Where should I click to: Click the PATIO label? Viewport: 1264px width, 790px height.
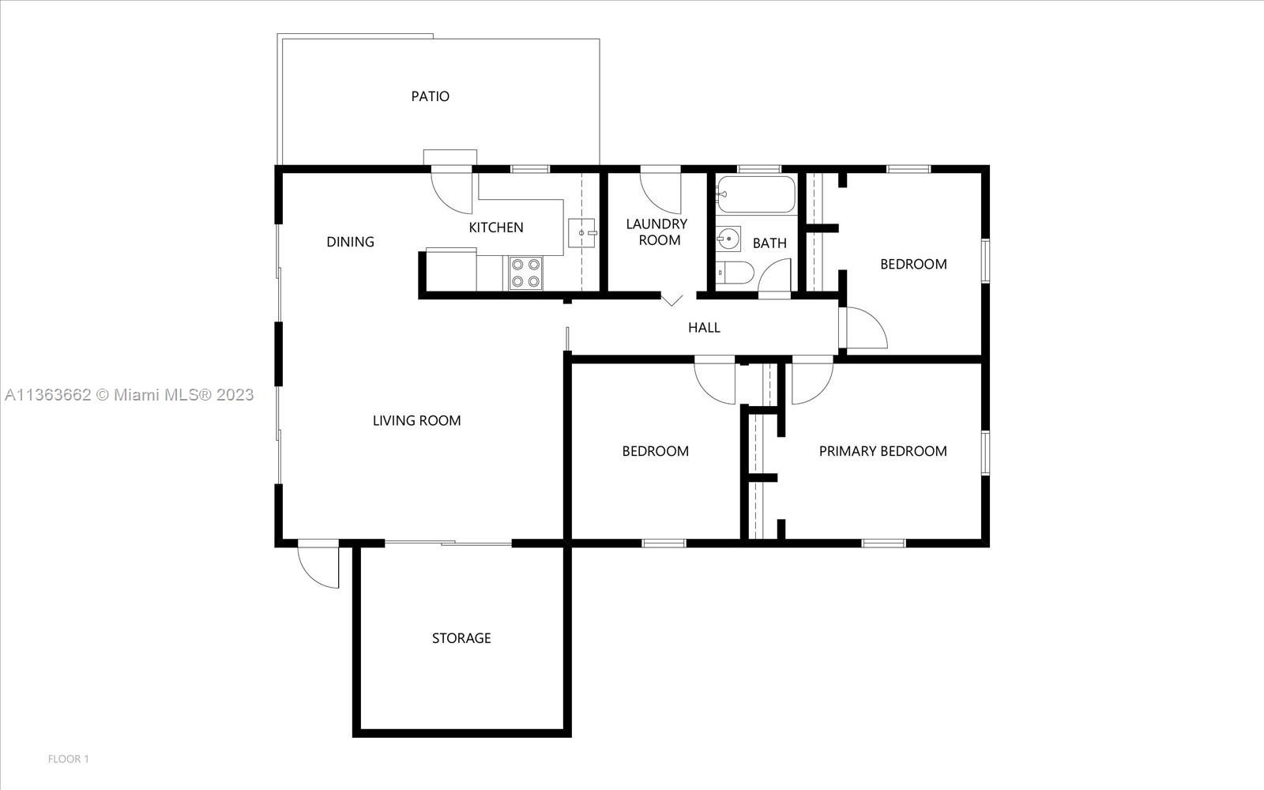pyautogui.click(x=430, y=96)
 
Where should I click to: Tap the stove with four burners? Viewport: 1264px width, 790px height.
pyautogui.click(x=525, y=273)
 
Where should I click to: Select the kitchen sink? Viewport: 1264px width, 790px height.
pyautogui.click(x=582, y=233)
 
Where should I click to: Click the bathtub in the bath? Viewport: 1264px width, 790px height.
pyautogui.click(x=756, y=194)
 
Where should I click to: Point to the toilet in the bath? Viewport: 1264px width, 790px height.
pyautogui.click(x=735, y=273)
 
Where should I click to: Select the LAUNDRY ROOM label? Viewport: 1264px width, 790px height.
pyautogui.click(x=657, y=232)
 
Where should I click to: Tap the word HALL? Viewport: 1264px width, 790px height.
pyautogui.click(x=704, y=328)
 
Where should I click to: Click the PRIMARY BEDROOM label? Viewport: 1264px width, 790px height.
pyautogui.click(x=882, y=451)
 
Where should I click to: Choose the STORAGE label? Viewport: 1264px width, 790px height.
pyautogui.click(x=461, y=638)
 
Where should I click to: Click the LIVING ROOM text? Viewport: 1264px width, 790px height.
pyautogui.click(x=416, y=420)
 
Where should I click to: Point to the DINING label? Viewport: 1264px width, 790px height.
pyautogui.click(x=350, y=242)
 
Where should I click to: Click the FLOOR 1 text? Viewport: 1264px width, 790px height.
pyautogui.click(x=69, y=759)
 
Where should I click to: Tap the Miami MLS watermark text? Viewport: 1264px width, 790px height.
pyautogui.click(x=129, y=395)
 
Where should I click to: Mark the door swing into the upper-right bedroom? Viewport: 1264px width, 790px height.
pyautogui.click(x=865, y=328)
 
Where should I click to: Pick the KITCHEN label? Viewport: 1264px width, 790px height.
pyautogui.click(x=496, y=228)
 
